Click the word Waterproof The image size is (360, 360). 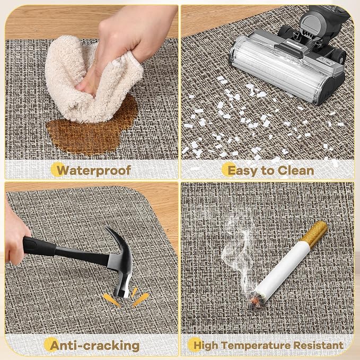pos(94,171)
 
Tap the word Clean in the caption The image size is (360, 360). pos(296,171)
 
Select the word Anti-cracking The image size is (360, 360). pos(94,346)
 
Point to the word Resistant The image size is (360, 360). pos(319,345)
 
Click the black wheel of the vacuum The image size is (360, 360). pos(339,57)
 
